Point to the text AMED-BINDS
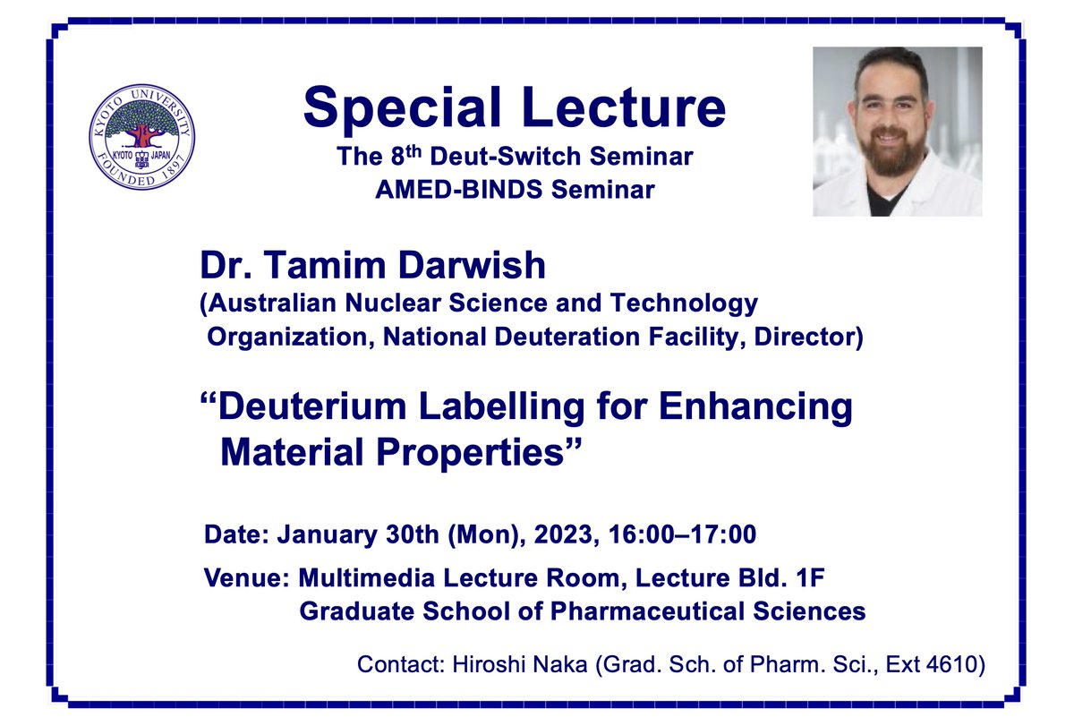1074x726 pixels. (x=496, y=190)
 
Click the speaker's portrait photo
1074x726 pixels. (x=897, y=132)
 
